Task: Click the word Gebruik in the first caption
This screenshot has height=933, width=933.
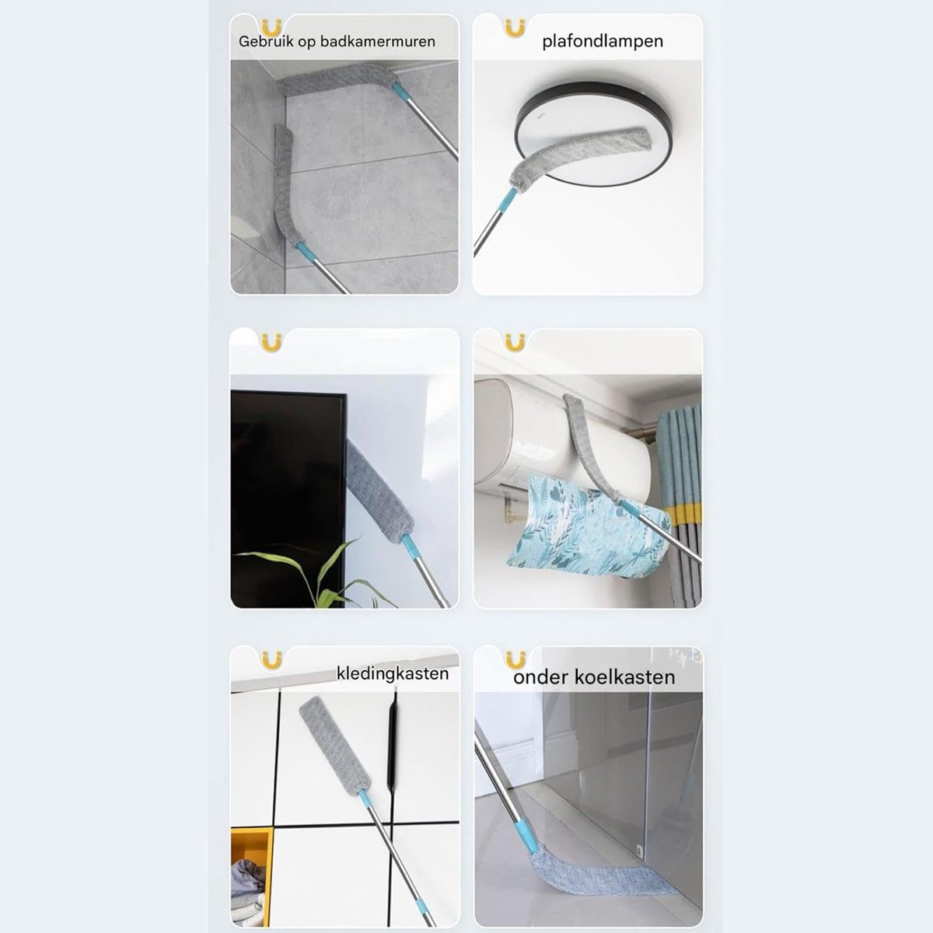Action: point(266,41)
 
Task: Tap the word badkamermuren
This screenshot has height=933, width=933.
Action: point(378,41)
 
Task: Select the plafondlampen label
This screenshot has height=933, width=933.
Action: point(603,42)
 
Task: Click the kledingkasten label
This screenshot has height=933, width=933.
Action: point(393,673)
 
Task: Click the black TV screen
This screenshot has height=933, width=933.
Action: point(288,498)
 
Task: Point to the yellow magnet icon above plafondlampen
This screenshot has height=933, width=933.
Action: point(515,29)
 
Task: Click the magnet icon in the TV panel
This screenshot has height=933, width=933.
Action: point(271,342)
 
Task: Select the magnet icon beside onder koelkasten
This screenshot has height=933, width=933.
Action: point(515,660)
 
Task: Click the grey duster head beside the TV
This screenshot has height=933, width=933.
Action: point(379,492)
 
